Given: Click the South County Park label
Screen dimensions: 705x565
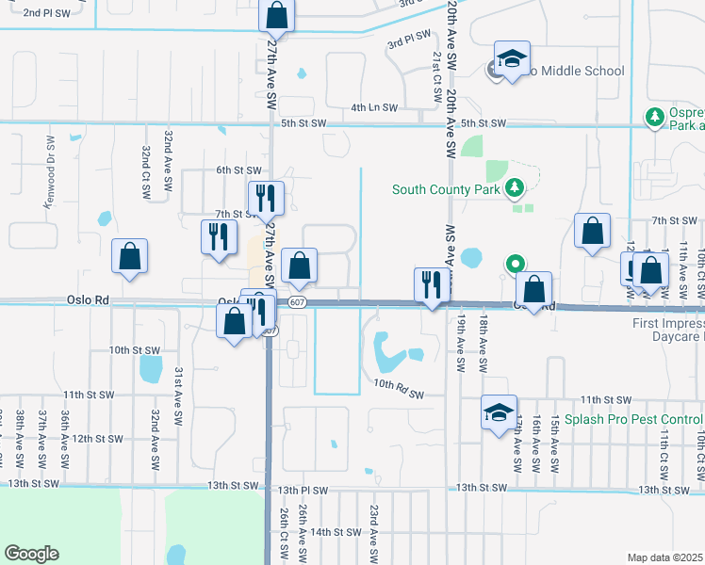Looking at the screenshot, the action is [x=447, y=190].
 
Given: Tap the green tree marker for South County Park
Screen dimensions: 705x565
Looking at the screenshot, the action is [x=514, y=189].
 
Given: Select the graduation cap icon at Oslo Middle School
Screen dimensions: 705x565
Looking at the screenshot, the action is [x=512, y=60].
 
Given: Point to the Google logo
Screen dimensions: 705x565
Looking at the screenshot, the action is [x=31, y=554].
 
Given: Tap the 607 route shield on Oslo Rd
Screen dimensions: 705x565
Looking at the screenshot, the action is [x=298, y=302].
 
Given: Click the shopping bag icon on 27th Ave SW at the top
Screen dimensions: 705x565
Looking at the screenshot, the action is [x=276, y=15].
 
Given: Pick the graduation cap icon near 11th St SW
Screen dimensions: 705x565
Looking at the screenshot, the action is [x=500, y=412].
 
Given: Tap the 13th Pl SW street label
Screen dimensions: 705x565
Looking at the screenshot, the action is [x=303, y=491].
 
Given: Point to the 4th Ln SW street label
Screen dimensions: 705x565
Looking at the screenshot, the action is [x=372, y=108].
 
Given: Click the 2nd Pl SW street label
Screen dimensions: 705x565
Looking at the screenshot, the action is [x=47, y=13].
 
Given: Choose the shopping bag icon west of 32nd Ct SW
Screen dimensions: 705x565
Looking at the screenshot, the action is [x=129, y=256].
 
